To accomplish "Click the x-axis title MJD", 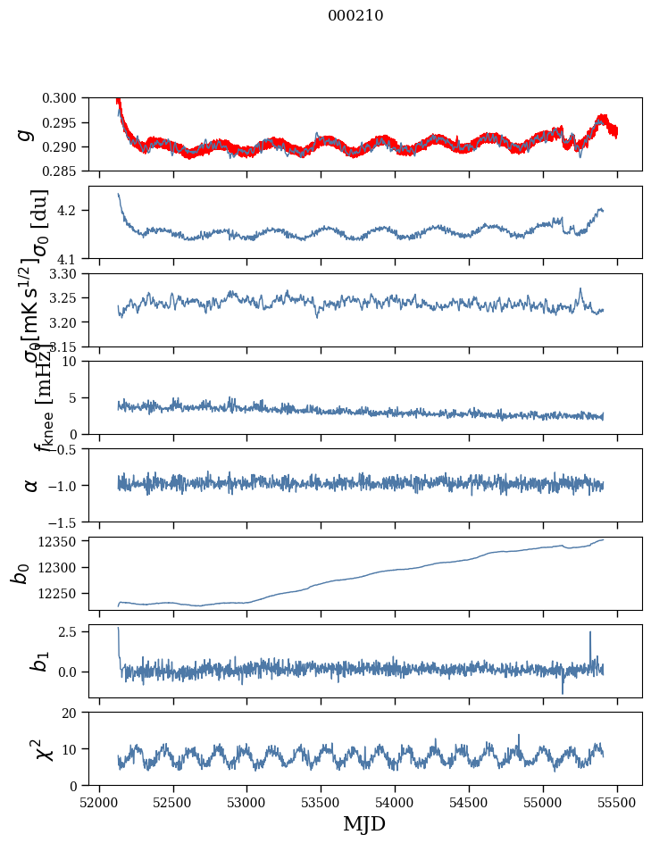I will [364, 823].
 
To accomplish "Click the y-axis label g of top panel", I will [26, 134].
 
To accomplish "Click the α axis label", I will [31, 485].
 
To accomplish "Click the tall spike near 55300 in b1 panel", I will [590, 633].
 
